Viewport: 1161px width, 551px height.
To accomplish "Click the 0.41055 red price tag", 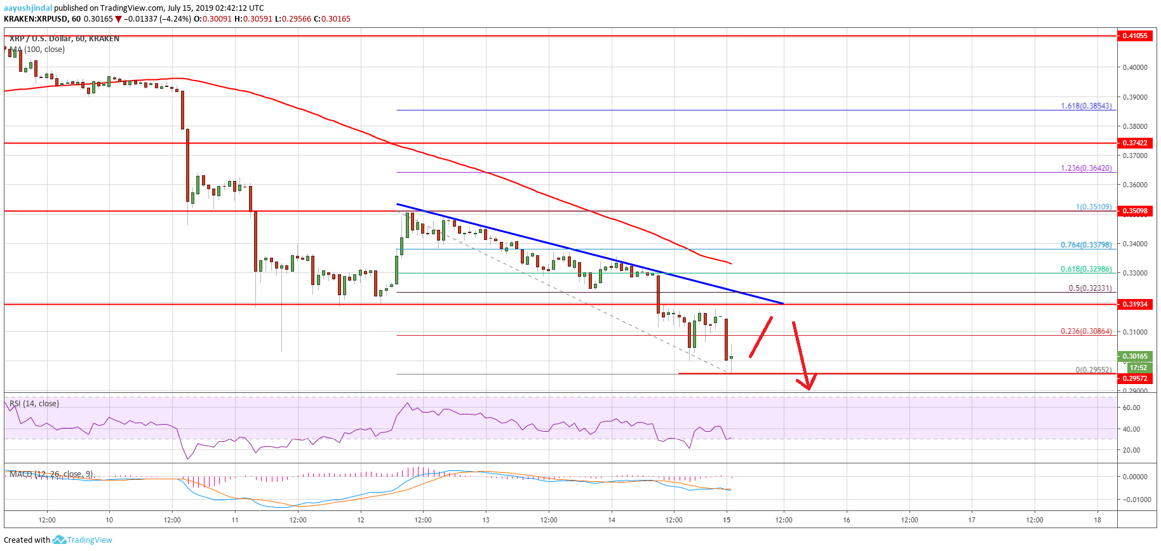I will (1135, 36).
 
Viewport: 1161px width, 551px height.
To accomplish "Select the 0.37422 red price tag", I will (1135, 143).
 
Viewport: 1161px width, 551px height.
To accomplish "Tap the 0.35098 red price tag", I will (1135, 211).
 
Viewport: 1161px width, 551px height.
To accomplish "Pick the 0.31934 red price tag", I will (1135, 304).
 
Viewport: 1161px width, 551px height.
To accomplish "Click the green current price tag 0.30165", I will (1135, 356).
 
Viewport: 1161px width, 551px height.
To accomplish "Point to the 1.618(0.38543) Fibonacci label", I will (1086, 106).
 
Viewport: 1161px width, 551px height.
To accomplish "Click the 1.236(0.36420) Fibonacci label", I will (1086, 168).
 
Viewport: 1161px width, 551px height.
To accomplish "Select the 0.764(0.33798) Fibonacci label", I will (1086, 245).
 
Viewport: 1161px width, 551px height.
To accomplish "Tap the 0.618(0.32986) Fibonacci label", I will (1086, 269).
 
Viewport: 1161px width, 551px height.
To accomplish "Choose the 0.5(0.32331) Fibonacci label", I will (1090, 288).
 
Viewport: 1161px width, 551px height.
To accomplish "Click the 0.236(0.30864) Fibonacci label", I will (1086, 331).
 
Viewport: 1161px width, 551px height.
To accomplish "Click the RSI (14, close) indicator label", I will (34, 404).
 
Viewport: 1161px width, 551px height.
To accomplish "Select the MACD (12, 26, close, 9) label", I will (51, 474).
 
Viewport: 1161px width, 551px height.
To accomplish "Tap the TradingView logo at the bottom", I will (83, 540).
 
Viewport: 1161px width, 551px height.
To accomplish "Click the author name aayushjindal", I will (28, 8).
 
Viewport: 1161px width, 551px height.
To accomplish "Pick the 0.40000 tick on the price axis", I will (1134, 67).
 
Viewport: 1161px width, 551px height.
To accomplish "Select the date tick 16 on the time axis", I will (847, 520).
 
